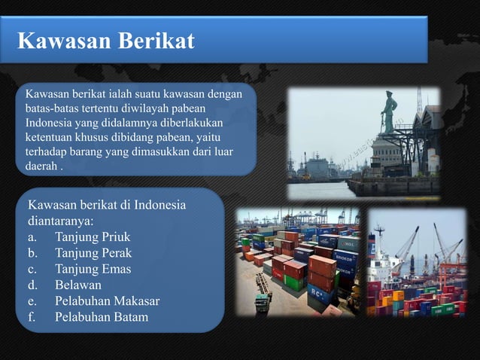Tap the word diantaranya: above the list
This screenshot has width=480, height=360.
(60, 221)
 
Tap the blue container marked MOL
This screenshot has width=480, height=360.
(348, 244)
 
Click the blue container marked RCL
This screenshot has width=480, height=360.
(322, 290)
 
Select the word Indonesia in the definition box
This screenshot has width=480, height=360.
(50, 123)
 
